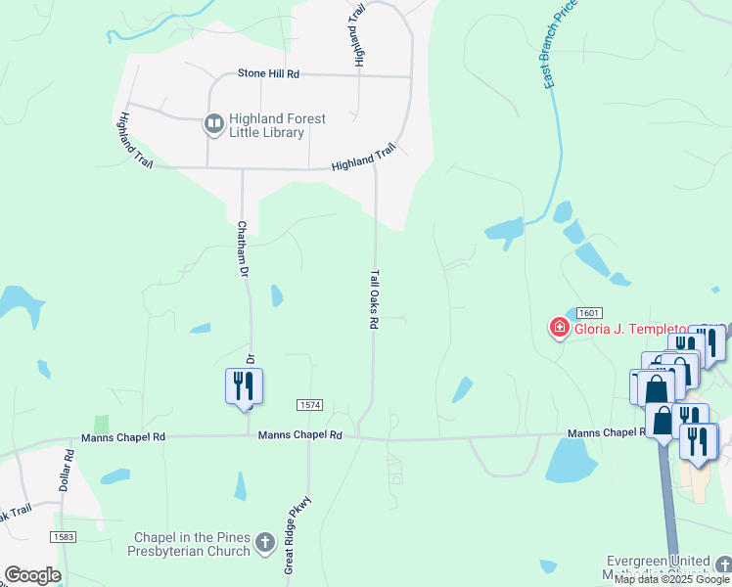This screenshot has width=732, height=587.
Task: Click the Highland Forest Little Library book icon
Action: click(212, 124)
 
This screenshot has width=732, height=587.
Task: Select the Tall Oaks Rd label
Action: click(374, 299)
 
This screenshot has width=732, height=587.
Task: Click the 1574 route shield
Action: click(309, 405)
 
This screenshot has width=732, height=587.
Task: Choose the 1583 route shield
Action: click(64, 537)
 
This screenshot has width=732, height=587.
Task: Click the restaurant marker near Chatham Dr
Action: click(244, 387)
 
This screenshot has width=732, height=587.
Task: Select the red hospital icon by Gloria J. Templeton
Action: click(559, 327)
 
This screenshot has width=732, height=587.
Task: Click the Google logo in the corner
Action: click(32, 575)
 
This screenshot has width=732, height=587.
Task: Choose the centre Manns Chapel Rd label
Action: click(300, 434)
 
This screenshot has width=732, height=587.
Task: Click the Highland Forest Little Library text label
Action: click(277, 125)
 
